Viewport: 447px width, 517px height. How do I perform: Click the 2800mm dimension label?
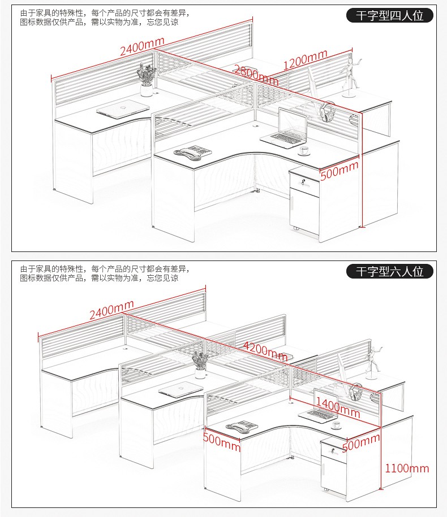pos(256,75)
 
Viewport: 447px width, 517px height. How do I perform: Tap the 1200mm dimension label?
pos(306,59)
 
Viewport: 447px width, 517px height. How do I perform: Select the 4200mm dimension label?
pos(265,351)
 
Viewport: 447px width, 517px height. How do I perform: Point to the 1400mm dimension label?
pos(338,407)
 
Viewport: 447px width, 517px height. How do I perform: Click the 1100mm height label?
pos(407,468)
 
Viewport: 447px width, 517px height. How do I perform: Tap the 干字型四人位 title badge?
pos(389,15)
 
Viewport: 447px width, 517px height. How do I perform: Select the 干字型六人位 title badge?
pos(389,271)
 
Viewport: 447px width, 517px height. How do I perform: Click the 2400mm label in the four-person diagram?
pos(142,46)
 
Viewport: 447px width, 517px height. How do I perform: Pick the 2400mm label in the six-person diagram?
pos(111,310)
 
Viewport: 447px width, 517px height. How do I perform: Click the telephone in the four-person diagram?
pos(193,153)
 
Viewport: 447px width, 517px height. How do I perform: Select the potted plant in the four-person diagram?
pos(147,80)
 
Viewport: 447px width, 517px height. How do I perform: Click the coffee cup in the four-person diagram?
pos(304,151)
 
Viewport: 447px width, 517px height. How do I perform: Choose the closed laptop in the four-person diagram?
pos(123,109)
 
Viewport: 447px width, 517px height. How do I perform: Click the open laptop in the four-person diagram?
pos(284,128)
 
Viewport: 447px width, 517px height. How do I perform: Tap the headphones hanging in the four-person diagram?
pos(327,112)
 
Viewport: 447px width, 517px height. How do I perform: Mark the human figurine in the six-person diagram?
pos(373,362)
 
